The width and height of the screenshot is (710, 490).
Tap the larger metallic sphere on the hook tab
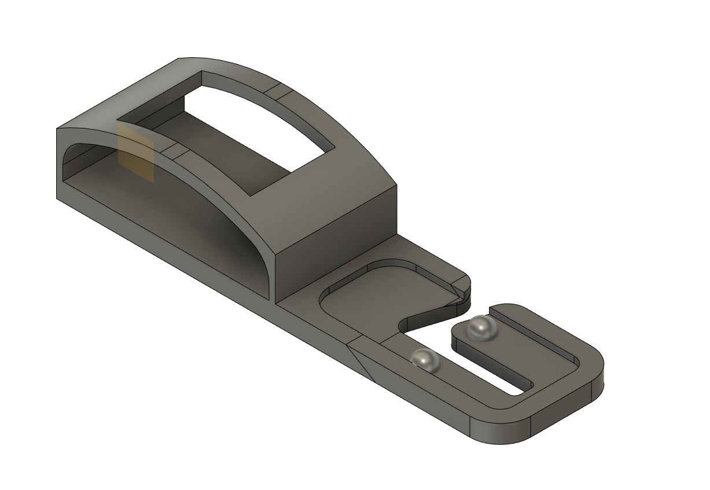click(482, 327)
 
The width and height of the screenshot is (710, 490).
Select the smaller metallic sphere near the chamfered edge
click(425, 360)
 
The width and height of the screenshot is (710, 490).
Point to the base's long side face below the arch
click(174, 255)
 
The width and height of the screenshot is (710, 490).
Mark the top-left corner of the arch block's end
click(57, 129)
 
